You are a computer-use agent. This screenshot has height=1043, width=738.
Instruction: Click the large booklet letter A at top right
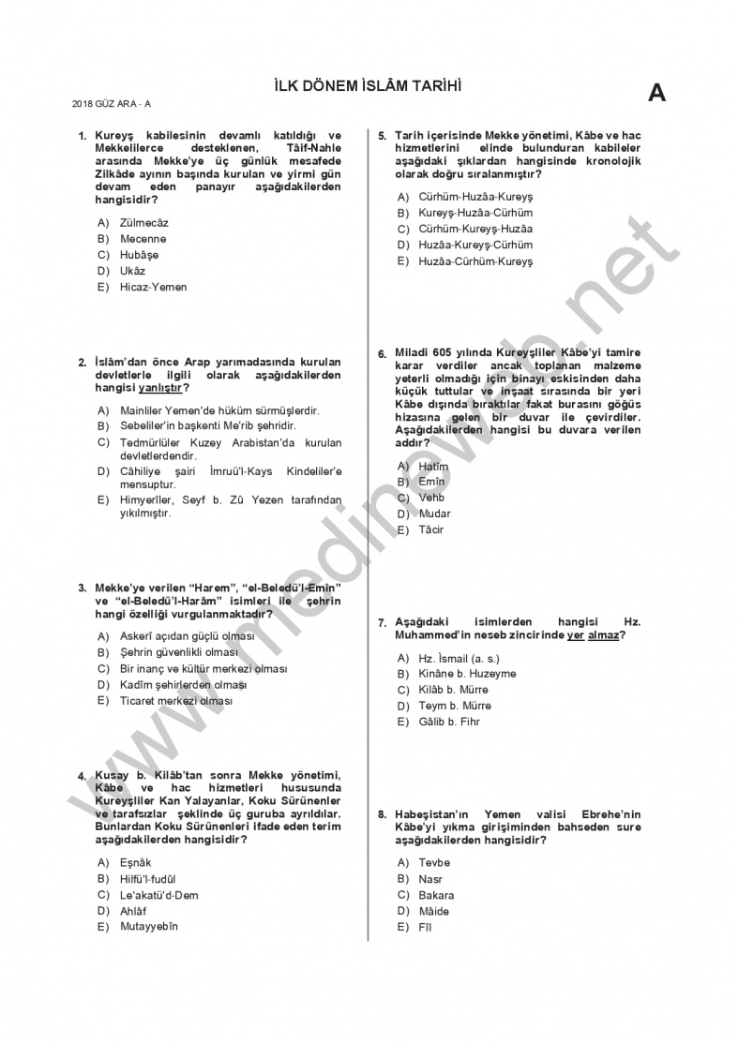tap(656, 93)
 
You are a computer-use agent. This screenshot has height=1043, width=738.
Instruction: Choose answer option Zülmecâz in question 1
tap(144, 223)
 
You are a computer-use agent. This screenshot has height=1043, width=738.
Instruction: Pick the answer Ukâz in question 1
tap(132, 271)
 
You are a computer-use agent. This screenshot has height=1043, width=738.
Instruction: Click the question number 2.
tap(82, 362)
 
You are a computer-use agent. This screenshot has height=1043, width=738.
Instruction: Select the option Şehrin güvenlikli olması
tap(178, 652)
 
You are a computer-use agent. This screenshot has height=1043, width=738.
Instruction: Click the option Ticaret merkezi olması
tap(176, 700)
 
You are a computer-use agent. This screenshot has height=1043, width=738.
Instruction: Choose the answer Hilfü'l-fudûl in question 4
tap(148, 879)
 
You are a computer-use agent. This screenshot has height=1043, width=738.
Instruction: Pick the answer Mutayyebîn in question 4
tap(148, 927)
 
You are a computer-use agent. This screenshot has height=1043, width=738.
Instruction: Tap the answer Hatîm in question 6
tap(433, 466)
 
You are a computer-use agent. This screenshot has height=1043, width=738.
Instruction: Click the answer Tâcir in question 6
tap(430, 529)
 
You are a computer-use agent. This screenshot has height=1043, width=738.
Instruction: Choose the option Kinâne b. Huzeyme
tap(467, 674)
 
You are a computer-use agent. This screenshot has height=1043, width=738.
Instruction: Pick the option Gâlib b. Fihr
tap(449, 722)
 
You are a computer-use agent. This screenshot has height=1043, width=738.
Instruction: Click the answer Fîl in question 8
tap(425, 928)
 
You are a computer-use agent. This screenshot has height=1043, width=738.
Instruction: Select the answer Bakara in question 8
tap(436, 895)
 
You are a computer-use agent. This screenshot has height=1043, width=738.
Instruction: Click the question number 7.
tap(381, 622)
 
